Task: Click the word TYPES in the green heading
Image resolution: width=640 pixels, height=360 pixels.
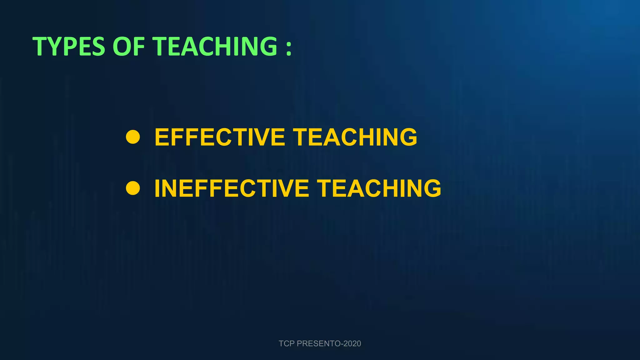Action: (x=69, y=46)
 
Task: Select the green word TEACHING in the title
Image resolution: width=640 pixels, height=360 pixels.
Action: (x=215, y=46)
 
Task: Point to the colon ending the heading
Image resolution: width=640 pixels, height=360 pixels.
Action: (x=289, y=47)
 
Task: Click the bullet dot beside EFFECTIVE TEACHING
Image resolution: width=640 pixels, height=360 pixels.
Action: (x=133, y=137)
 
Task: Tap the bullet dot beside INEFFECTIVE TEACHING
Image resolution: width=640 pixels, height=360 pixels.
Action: (x=133, y=188)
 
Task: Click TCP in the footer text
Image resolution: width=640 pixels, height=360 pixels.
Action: (x=286, y=343)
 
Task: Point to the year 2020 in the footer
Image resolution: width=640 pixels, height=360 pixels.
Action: (x=352, y=343)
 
